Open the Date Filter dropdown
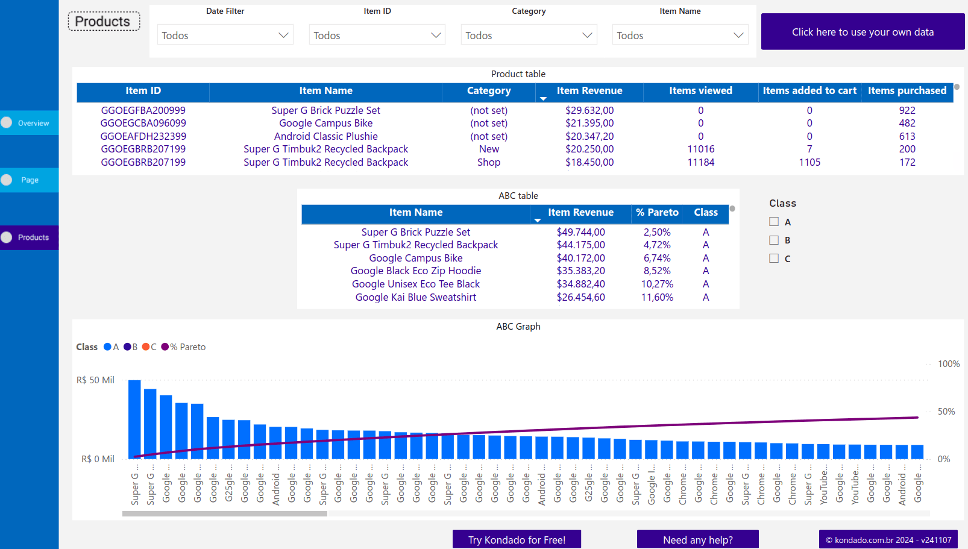225,35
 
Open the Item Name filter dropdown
680,35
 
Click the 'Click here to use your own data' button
863,32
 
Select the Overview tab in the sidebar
30,123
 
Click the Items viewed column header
700,91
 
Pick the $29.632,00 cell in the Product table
589,110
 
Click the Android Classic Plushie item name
325,136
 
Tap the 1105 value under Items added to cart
809,162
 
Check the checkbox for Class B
774,240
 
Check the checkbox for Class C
774,259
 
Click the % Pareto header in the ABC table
657,213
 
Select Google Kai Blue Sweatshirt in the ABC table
415,297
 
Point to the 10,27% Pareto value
657,284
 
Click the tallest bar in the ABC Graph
134,419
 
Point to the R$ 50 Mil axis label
95,380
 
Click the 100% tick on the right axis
948,364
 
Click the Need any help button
697,539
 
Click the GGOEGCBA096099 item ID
143,123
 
